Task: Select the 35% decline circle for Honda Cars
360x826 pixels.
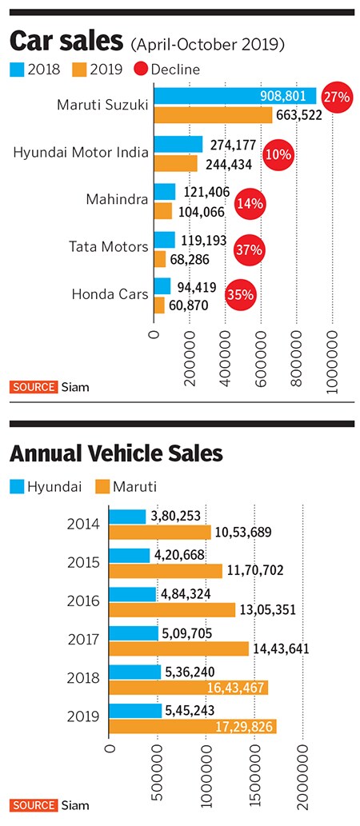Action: coord(242,293)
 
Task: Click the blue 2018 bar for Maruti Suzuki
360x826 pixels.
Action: coord(235,97)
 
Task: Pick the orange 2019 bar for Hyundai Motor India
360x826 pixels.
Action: coord(175,163)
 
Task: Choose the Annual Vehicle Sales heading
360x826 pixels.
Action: coord(116,454)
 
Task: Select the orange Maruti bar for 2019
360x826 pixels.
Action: coord(192,725)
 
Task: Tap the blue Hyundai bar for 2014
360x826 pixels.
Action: coord(128,517)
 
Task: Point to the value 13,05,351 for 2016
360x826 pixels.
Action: coord(268,609)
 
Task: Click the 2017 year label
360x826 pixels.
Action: coord(84,640)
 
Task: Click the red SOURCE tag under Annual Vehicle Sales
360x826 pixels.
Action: coord(34,804)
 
